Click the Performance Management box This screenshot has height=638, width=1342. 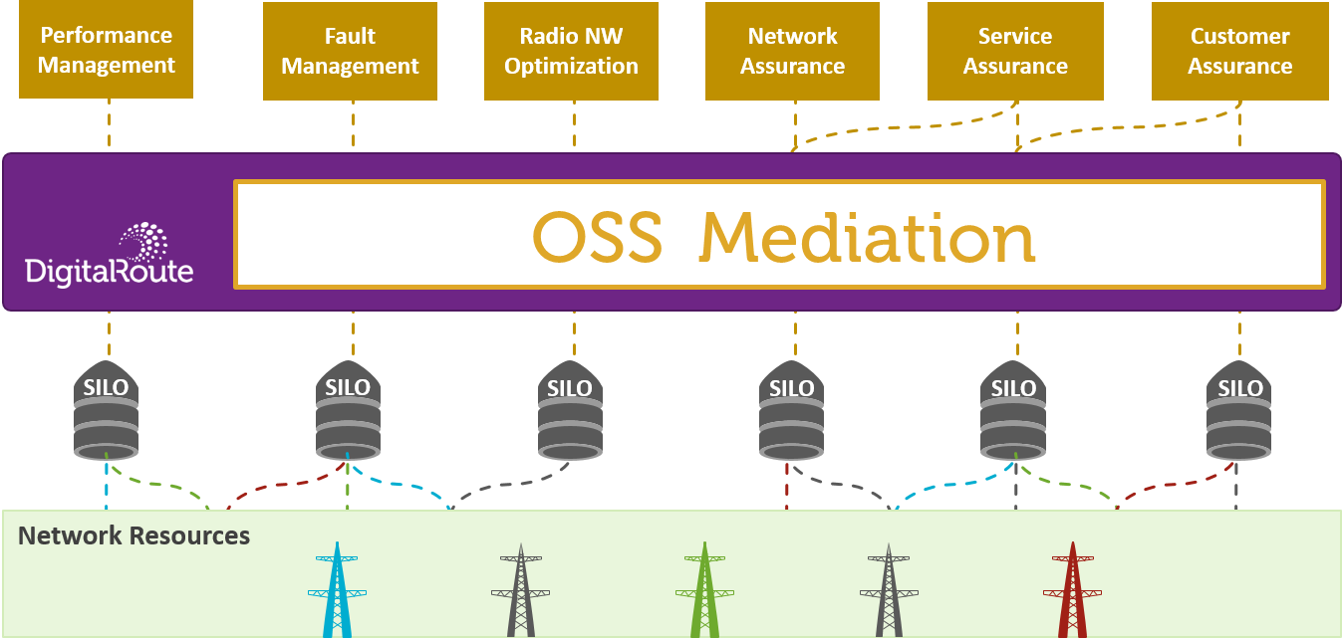point(106,50)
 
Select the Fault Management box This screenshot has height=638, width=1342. point(350,51)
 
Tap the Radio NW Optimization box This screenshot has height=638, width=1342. point(571,51)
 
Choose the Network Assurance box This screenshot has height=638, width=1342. point(792,51)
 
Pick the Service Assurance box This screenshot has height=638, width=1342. point(1015,51)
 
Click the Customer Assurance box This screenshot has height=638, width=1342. point(1239,51)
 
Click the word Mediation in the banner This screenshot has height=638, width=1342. point(867,237)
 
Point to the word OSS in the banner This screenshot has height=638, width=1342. point(596,237)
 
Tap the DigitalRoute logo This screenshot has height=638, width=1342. point(110,254)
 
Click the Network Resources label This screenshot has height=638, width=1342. point(134,535)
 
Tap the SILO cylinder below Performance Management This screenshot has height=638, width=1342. point(107,414)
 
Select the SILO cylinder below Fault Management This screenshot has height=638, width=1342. point(348,414)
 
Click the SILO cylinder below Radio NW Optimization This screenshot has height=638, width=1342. point(570,414)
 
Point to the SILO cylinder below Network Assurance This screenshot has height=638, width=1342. point(792,414)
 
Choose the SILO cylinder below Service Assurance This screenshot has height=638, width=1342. point(1013,414)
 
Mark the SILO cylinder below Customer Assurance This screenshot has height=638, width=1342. point(1239,414)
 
